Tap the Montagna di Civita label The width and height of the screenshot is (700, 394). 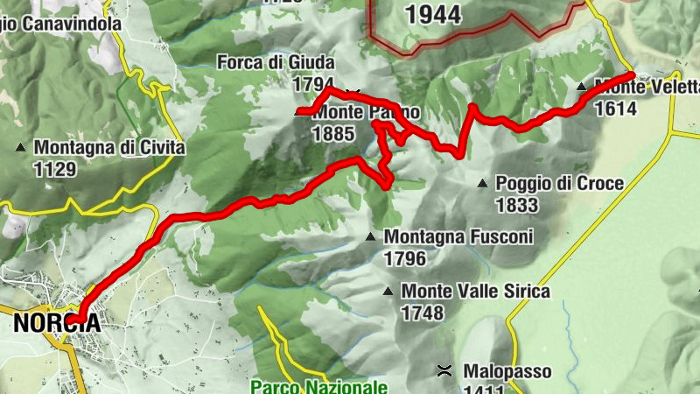click(109, 148)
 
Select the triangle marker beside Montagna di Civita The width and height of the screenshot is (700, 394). click(21, 148)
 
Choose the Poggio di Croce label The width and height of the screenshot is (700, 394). click(559, 184)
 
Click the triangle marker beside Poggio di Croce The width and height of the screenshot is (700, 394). click(481, 184)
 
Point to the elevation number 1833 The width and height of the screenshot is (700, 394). click(516, 205)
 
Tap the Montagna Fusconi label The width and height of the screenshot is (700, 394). click(458, 236)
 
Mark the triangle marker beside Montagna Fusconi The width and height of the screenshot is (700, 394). click(371, 236)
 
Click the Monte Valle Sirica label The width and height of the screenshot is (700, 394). click(475, 291)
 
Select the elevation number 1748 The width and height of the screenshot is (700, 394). click(423, 312)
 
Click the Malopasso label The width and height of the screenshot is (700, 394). click(507, 372)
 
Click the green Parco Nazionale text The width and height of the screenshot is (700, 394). click(318, 386)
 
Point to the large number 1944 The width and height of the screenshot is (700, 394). click(434, 13)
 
